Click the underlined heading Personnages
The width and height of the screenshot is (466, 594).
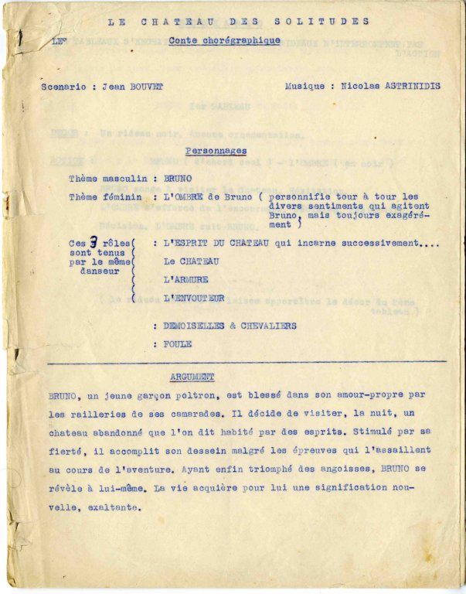[216, 152]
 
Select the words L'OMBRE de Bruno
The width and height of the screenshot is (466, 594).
[204, 198]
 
